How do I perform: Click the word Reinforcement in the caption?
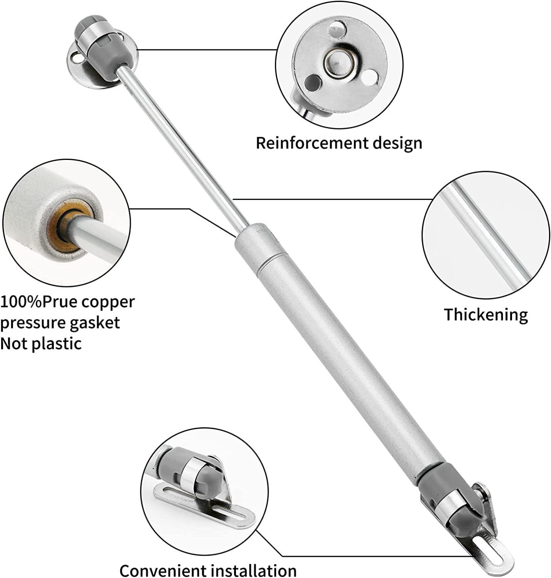312,143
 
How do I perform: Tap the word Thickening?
486,315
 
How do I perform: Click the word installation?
254,563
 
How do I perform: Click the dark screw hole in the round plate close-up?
313,82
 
